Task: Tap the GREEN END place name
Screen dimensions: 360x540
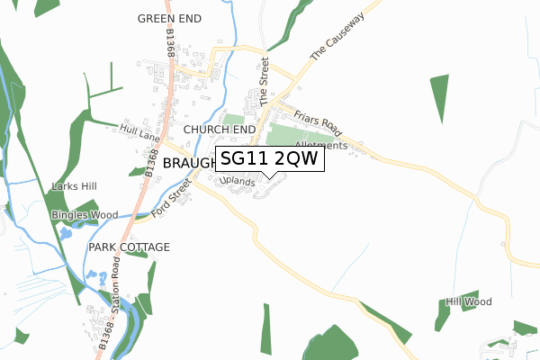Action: point(170,18)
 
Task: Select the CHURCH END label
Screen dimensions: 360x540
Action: point(220,130)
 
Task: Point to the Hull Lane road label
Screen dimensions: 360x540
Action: point(139,134)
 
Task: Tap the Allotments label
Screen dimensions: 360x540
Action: point(320,145)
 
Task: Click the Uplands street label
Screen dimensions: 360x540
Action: point(238,182)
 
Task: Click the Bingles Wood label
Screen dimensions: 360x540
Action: point(85,215)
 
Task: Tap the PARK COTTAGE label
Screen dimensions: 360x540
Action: point(129,246)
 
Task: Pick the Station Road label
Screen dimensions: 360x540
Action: point(116,279)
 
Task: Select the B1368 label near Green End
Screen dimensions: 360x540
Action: point(170,43)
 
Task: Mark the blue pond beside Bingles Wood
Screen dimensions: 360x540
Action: point(66,234)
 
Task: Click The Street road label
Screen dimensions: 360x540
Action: point(265,82)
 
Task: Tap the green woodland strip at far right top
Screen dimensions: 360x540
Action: point(439,98)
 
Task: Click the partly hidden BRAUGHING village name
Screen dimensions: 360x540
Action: point(189,162)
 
